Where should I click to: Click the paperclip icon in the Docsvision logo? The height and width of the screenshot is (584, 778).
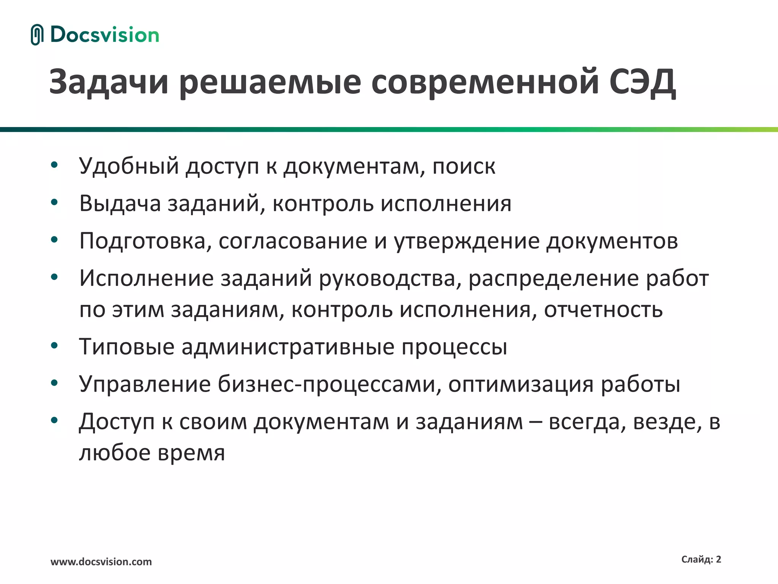coord(37,35)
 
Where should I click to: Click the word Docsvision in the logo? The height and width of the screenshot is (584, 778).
coord(104,35)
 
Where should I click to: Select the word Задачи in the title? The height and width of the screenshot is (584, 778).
coord(109,82)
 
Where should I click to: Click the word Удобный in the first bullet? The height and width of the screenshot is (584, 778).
coord(129,167)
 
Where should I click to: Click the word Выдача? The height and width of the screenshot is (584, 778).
coord(120,204)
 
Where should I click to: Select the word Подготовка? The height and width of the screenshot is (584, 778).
coord(142,241)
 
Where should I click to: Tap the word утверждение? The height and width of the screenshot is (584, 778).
coord(466,241)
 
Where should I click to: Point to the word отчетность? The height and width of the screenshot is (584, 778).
coord(603,309)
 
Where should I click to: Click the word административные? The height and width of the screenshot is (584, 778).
coord(288,347)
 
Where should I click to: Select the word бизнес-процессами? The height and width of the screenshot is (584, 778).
coord(326,384)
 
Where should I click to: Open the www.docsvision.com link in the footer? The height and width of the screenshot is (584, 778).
coord(101,562)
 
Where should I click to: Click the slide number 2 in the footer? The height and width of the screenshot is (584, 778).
coord(718,559)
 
